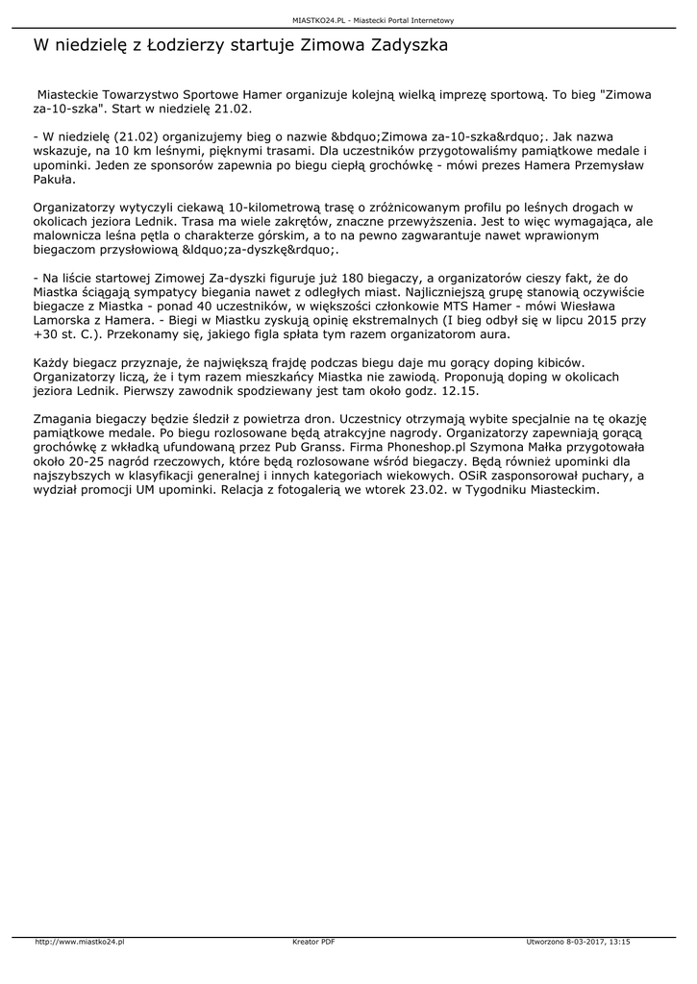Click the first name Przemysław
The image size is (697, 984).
click(x=595, y=165)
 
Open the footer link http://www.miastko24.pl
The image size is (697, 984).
click(x=80, y=942)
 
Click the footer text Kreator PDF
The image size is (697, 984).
click(x=313, y=942)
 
